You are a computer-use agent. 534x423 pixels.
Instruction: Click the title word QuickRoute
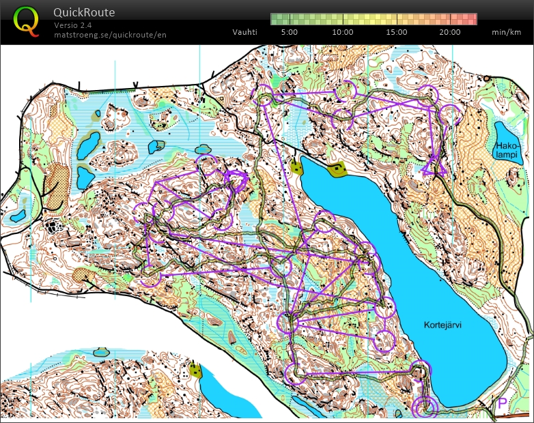coord(84,12)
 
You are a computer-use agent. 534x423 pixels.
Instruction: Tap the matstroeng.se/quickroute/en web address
coord(109,34)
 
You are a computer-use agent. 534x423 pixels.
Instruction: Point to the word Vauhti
coord(244,32)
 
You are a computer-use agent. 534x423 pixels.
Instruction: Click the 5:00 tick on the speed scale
coord(289,32)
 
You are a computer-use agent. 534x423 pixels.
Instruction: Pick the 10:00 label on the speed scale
coord(342,32)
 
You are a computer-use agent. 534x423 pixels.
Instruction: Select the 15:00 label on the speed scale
coord(396,32)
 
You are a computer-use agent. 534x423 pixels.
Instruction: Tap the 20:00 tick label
coord(449,32)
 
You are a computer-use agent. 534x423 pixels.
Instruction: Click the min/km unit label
coord(505,32)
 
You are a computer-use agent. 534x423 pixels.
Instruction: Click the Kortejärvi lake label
coord(442,325)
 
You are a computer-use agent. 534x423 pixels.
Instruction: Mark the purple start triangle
coord(433,166)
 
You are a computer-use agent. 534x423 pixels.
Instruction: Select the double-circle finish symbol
coord(425,407)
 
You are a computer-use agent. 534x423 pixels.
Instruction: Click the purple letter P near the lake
coord(502,403)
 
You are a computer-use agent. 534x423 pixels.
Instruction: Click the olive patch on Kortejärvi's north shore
coord(337,169)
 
